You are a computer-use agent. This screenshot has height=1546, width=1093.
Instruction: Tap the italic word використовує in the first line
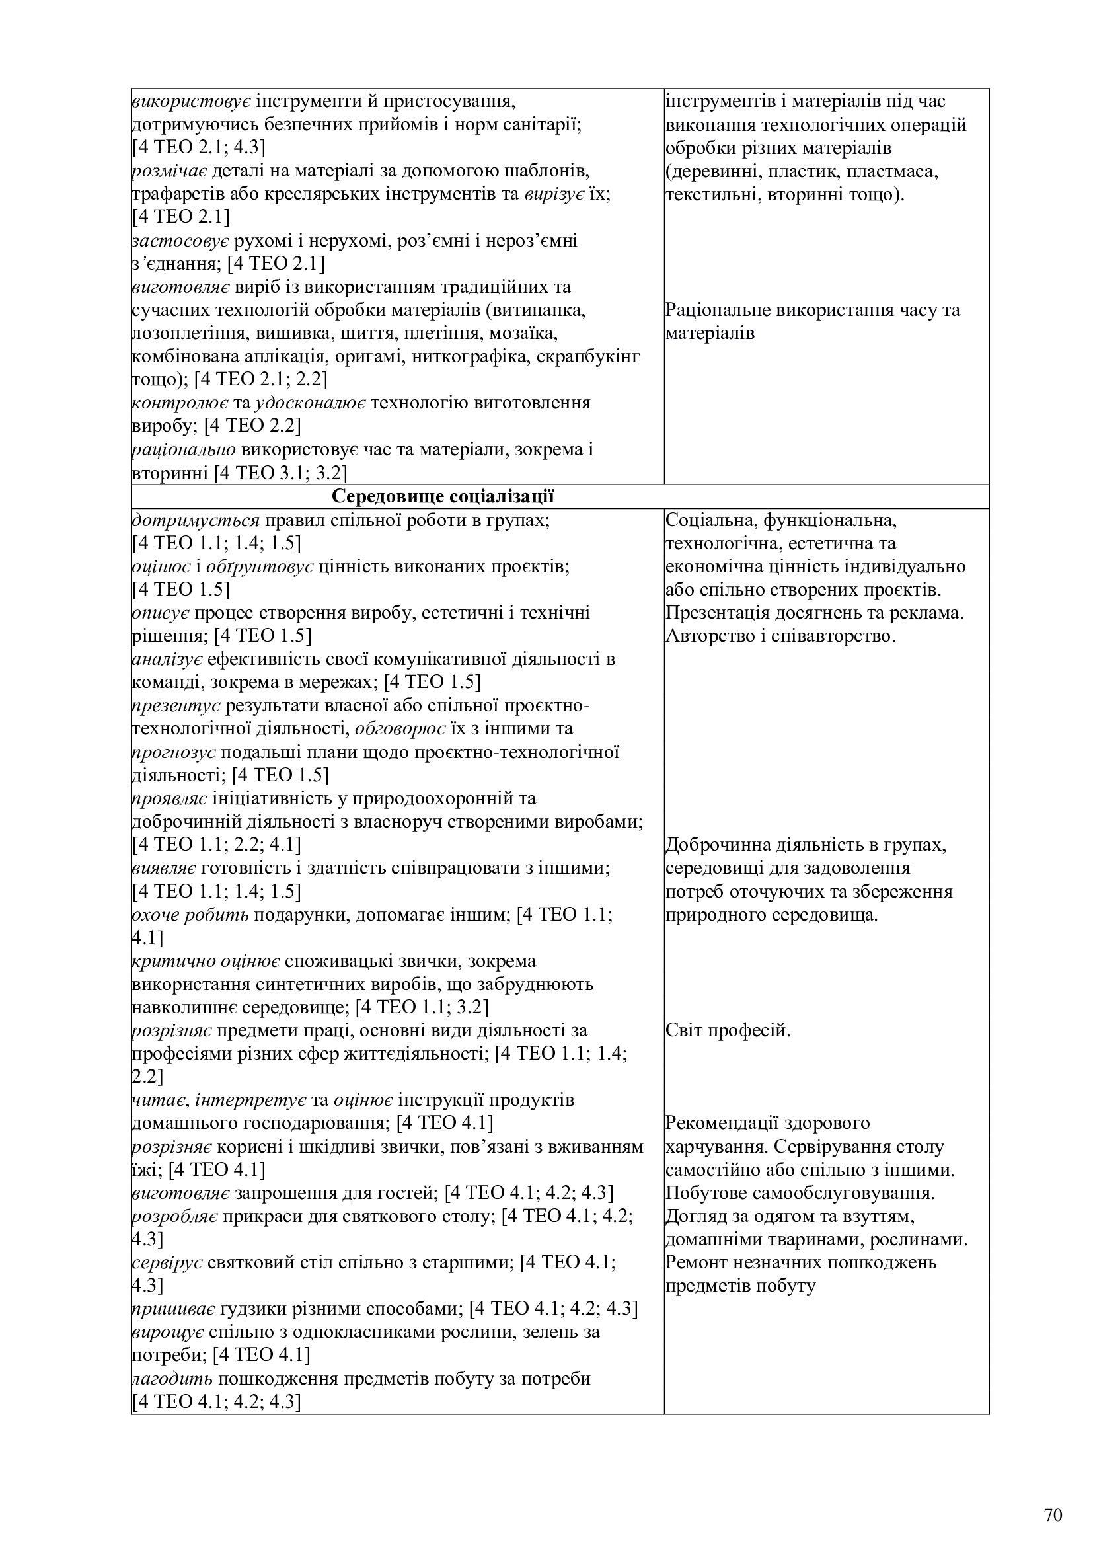(x=192, y=102)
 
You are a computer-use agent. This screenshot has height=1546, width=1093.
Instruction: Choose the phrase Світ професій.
(x=728, y=1030)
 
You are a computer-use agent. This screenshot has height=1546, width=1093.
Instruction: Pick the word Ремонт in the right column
(x=696, y=1262)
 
